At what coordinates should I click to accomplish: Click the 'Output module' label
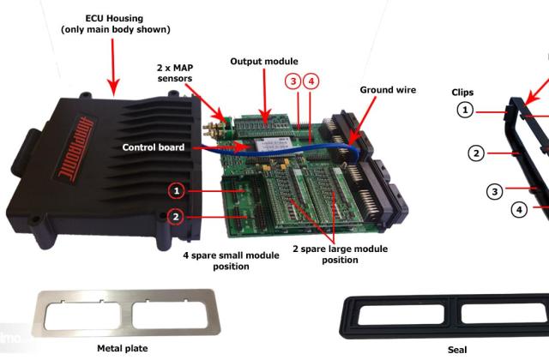(x=264, y=61)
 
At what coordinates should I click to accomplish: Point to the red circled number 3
(x=293, y=81)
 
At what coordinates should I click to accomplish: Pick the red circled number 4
(x=311, y=81)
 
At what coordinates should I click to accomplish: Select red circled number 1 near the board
(x=176, y=189)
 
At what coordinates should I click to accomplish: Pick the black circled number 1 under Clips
(x=464, y=109)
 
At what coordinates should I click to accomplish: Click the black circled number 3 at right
(x=494, y=191)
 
